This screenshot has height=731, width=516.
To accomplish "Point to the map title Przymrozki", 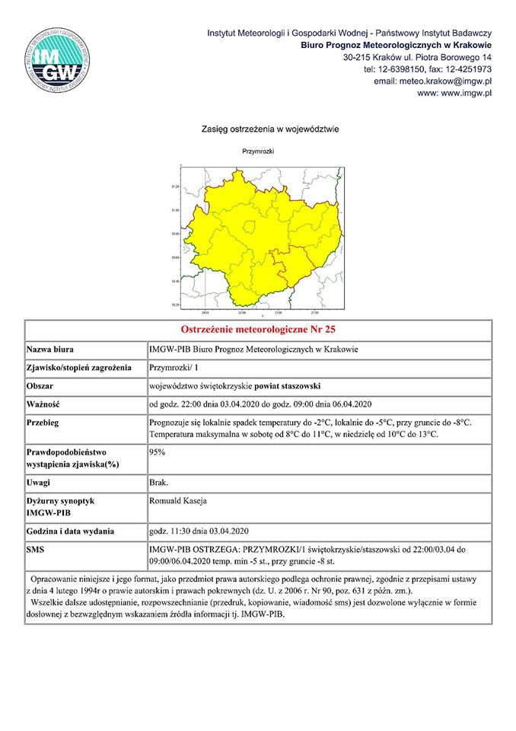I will coord(258,152).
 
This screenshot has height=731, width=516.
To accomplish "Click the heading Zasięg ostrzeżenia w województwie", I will coord(258,129).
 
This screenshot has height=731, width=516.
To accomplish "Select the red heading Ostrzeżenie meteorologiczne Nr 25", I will coord(258,330).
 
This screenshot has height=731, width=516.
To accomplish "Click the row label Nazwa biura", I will coord(50,350).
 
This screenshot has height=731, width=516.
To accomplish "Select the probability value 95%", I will coord(158,452).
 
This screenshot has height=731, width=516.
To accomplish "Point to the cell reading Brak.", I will coord(160,483).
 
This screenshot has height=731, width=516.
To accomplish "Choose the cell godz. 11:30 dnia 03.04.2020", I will coord(199,530).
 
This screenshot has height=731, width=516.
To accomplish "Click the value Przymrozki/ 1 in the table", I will coord(172,368).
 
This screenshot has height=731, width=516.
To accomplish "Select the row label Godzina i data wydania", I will coord(71,530).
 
